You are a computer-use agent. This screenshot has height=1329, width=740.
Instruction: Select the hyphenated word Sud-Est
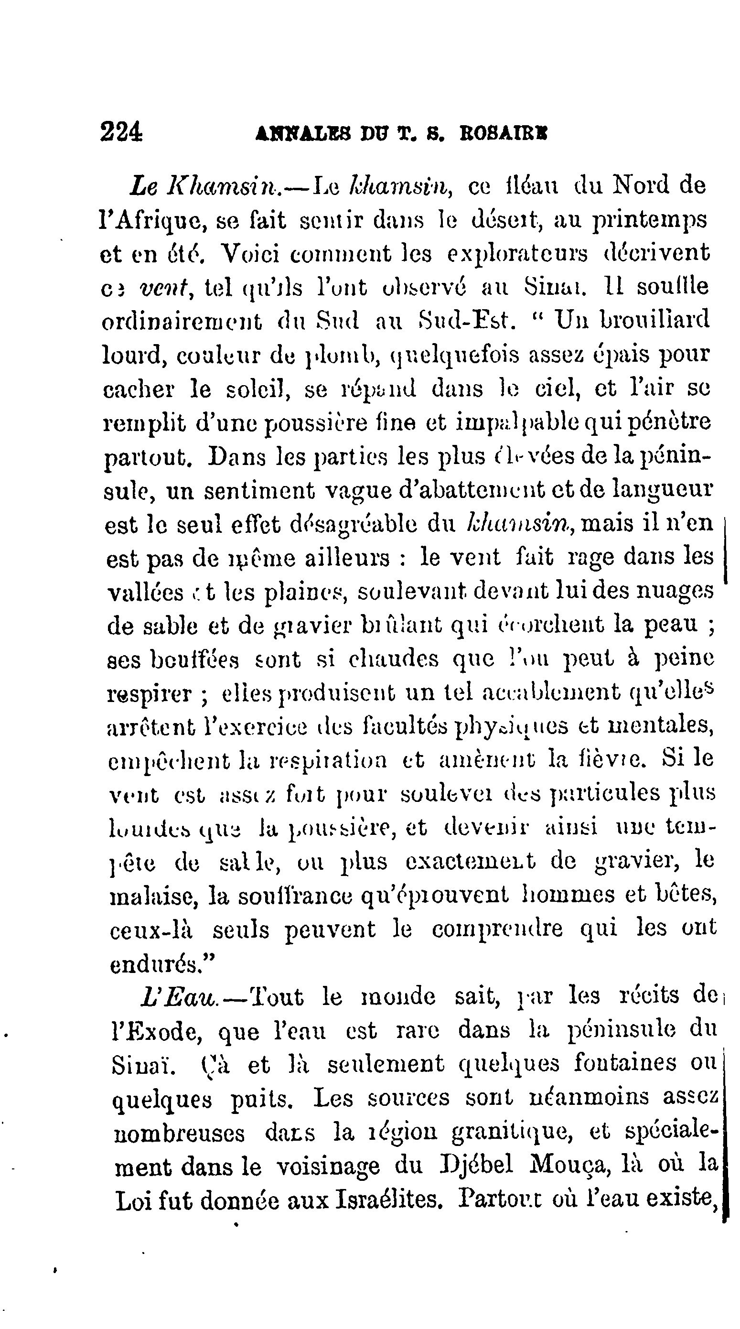[x=466, y=320]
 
